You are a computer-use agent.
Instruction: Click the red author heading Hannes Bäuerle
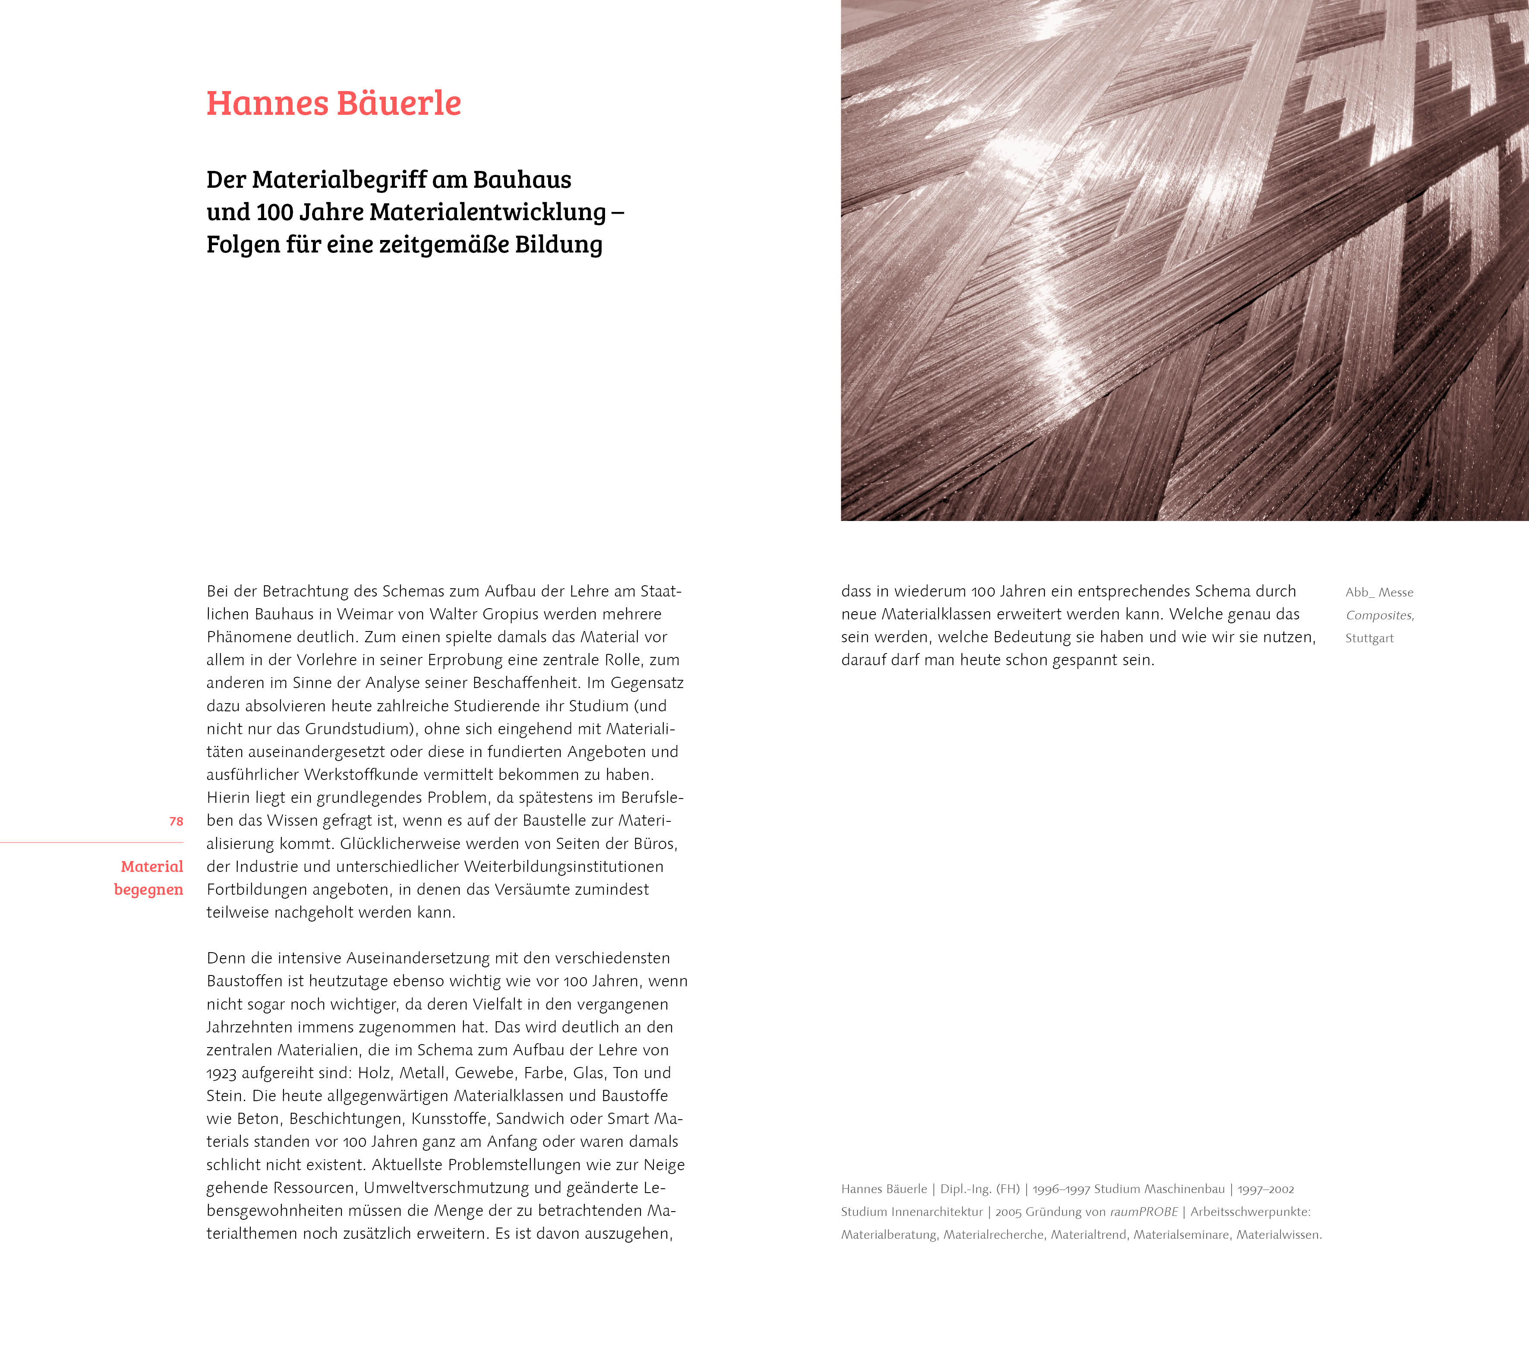click(x=334, y=103)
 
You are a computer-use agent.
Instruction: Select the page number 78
click(x=176, y=821)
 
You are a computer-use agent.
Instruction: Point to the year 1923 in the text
click(x=221, y=1073)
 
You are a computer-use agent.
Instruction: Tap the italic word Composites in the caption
click(x=1379, y=616)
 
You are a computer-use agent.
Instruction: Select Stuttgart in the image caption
click(x=1369, y=638)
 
